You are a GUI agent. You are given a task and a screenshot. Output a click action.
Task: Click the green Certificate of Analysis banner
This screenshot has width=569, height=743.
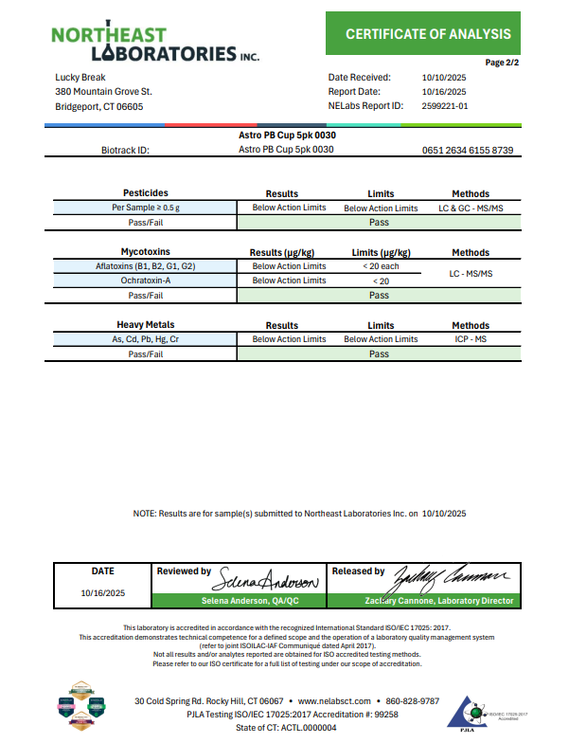427,34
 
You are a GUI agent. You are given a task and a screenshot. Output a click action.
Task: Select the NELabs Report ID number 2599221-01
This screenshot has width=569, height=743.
444,106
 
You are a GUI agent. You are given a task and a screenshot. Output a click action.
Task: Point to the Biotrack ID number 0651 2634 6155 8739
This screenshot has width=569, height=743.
468,150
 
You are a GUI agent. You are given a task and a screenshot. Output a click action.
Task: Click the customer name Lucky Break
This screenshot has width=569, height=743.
80,77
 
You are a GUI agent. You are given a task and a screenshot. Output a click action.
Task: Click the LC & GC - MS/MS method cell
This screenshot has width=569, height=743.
471,208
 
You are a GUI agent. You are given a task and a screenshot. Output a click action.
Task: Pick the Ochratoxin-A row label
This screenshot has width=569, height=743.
146,281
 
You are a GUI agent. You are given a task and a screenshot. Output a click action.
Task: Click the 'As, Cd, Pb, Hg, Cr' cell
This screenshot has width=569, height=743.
146,339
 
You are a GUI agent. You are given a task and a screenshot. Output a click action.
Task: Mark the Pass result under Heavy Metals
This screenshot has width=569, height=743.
379,353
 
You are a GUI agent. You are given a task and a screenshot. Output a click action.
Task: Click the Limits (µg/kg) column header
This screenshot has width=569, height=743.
381,253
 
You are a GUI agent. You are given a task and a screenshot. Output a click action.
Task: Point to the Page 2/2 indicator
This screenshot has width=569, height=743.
503,62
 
